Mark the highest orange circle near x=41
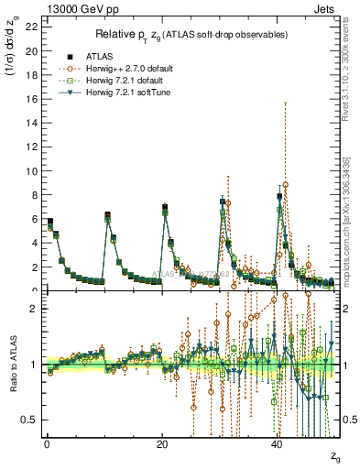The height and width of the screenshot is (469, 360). [286, 185]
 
